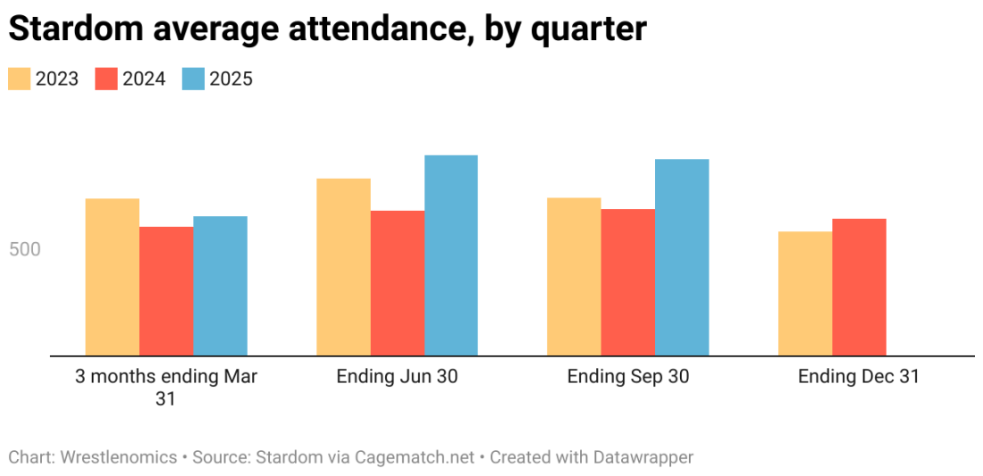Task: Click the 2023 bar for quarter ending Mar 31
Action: click(112, 277)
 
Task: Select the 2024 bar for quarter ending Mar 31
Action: click(166, 291)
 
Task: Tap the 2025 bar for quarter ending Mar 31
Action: click(220, 286)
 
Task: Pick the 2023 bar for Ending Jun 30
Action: click(343, 267)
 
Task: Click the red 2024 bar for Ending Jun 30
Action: click(398, 283)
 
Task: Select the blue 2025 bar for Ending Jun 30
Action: click(451, 255)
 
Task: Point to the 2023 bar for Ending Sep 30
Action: click(574, 277)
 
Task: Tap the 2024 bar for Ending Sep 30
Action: click(628, 282)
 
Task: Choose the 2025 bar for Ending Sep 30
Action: click(682, 257)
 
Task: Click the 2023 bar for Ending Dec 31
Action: click(805, 294)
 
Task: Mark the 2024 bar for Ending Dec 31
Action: click(859, 287)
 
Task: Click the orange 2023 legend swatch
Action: click(20, 79)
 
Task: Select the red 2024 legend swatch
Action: click(106, 79)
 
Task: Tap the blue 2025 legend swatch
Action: click(194, 79)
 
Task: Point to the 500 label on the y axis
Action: click(25, 249)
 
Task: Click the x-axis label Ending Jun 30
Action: click(397, 377)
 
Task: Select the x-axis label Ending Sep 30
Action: click(628, 377)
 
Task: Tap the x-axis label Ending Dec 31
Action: click(859, 377)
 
